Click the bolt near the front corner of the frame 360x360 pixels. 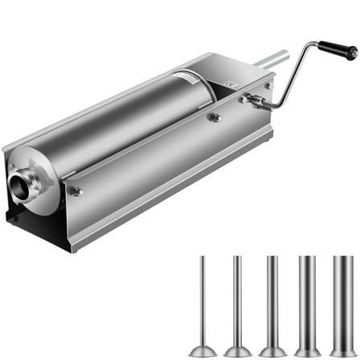(x=76, y=191)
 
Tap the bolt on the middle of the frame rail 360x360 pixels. (x=214, y=117)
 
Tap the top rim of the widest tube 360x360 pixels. (x=342, y=259)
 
